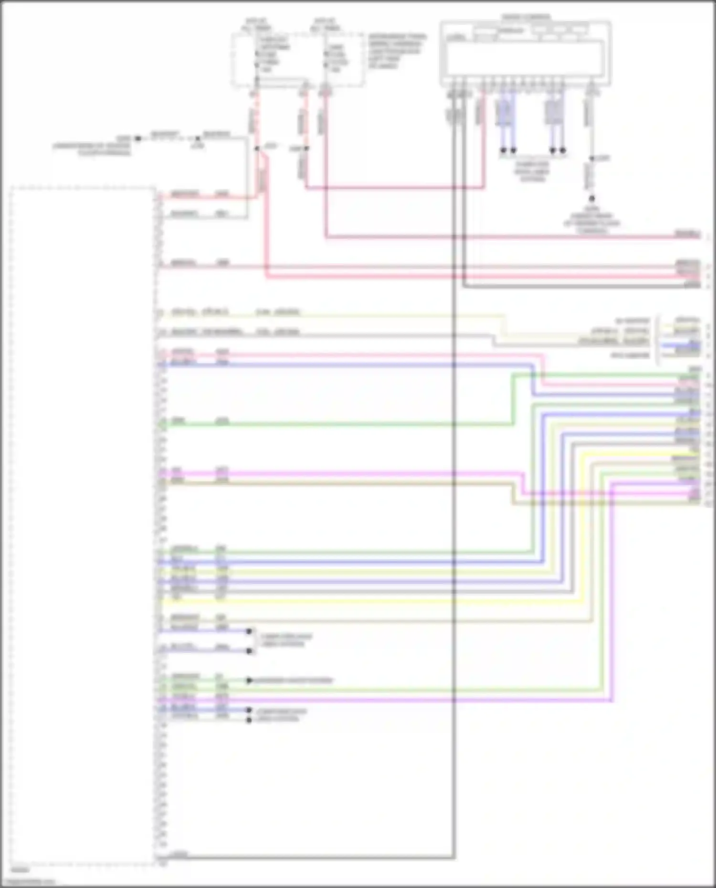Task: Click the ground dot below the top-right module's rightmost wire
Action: [x=591, y=198]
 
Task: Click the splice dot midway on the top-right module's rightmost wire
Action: [x=591, y=158]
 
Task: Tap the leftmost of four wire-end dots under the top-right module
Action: [x=503, y=150]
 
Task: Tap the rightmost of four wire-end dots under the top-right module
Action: [x=563, y=150]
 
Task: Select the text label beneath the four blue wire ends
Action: [x=532, y=171]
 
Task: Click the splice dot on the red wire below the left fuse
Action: [x=257, y=148]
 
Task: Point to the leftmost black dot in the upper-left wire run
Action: [x=138, y=138]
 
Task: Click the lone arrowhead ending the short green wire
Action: [x=249, y=680]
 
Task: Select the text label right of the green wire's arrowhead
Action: [x=294, y=680]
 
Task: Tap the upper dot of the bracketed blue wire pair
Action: [x=249, y=631]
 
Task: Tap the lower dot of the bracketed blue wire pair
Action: [x=249, y=650]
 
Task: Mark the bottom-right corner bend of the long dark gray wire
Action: [x=453, y=857]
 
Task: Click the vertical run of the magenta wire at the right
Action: [x=611, y=592]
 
